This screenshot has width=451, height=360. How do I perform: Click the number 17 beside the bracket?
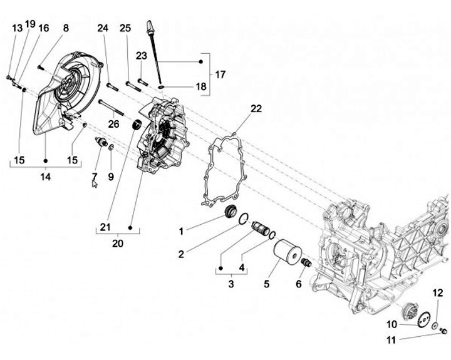click(220, 75)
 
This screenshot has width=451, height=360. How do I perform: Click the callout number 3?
click(231, 284)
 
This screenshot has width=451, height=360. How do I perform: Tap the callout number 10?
click(391, 324)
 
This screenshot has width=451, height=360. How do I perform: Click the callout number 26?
click(113, 124)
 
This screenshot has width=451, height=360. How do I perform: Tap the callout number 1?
click(180, 231)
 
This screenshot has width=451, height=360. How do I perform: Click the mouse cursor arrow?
click(95, 183)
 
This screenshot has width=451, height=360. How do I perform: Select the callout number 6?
click(298, 284)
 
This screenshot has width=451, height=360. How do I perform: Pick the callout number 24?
click(103, 28)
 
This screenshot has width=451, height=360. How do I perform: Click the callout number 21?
click(106, 227)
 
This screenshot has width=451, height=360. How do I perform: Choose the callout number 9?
click(110, 177)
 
